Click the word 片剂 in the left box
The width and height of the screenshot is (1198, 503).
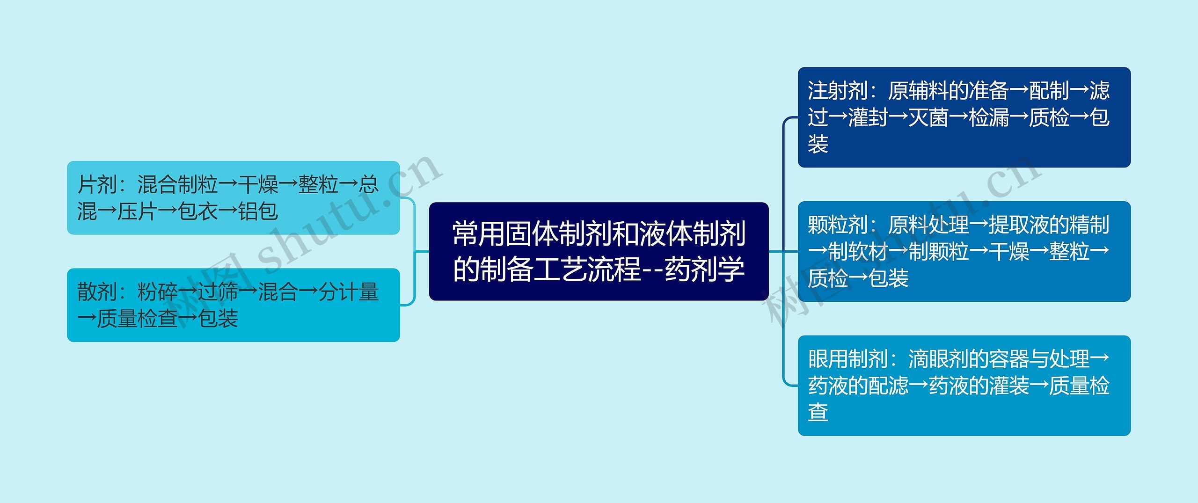[97, 184]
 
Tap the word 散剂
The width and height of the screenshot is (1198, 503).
[97, 292]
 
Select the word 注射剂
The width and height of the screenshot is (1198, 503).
[838, 90]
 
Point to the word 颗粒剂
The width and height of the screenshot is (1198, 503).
[838, 225]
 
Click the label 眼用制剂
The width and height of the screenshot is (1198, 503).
[848, 359]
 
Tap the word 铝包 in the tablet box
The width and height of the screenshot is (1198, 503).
[258, 211]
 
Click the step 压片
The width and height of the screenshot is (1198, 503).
[138, 211]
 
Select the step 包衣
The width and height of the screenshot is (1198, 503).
[198, 211]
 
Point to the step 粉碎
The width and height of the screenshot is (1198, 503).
[158, 292]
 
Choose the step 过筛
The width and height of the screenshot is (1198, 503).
[218, 292]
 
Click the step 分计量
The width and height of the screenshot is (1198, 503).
[349, 292]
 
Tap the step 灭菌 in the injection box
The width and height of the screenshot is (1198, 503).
[928, 117]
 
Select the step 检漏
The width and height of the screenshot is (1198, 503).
[989, 117]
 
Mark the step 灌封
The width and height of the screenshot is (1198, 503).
[868, 117]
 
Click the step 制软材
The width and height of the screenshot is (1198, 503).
[858, 251]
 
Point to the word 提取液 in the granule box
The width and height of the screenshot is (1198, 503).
[1019, 225]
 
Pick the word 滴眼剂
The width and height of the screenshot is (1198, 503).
[938, 359]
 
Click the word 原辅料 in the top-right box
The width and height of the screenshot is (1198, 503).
[918, 90]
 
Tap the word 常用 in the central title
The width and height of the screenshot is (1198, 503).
[480, 234]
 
